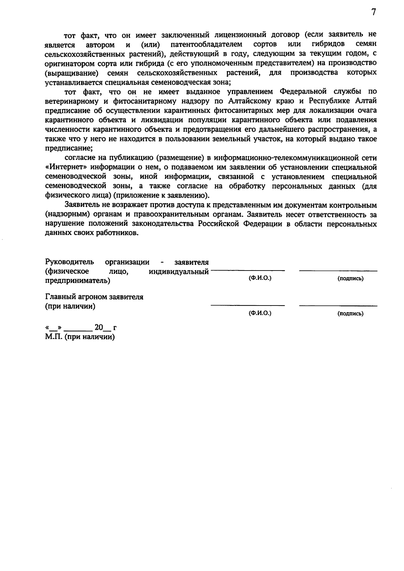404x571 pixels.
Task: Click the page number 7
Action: [373, 12]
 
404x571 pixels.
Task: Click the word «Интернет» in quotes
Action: [66, 167]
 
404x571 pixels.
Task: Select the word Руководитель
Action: [70, 262]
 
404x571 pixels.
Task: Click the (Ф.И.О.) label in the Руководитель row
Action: [260, 278]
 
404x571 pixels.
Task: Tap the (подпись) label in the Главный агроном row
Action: [350, 314]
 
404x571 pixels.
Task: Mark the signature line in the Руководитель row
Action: [338, 271]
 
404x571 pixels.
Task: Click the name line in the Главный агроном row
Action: [248, 306]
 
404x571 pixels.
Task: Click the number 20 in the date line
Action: [99, 327]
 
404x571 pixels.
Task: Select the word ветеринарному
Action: [72, 101]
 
